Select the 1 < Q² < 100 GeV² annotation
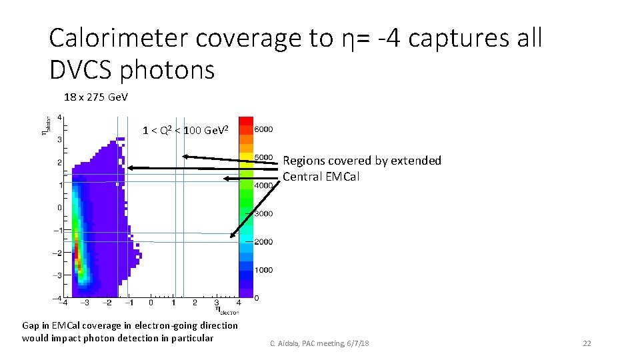(x=186, y=129)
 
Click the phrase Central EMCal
(x=321, y=177)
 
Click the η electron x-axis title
(x=227, y=309)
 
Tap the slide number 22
(x=587, y=343)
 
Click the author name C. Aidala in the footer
(x=286, y=343)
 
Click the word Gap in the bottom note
(x=31, y=325)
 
